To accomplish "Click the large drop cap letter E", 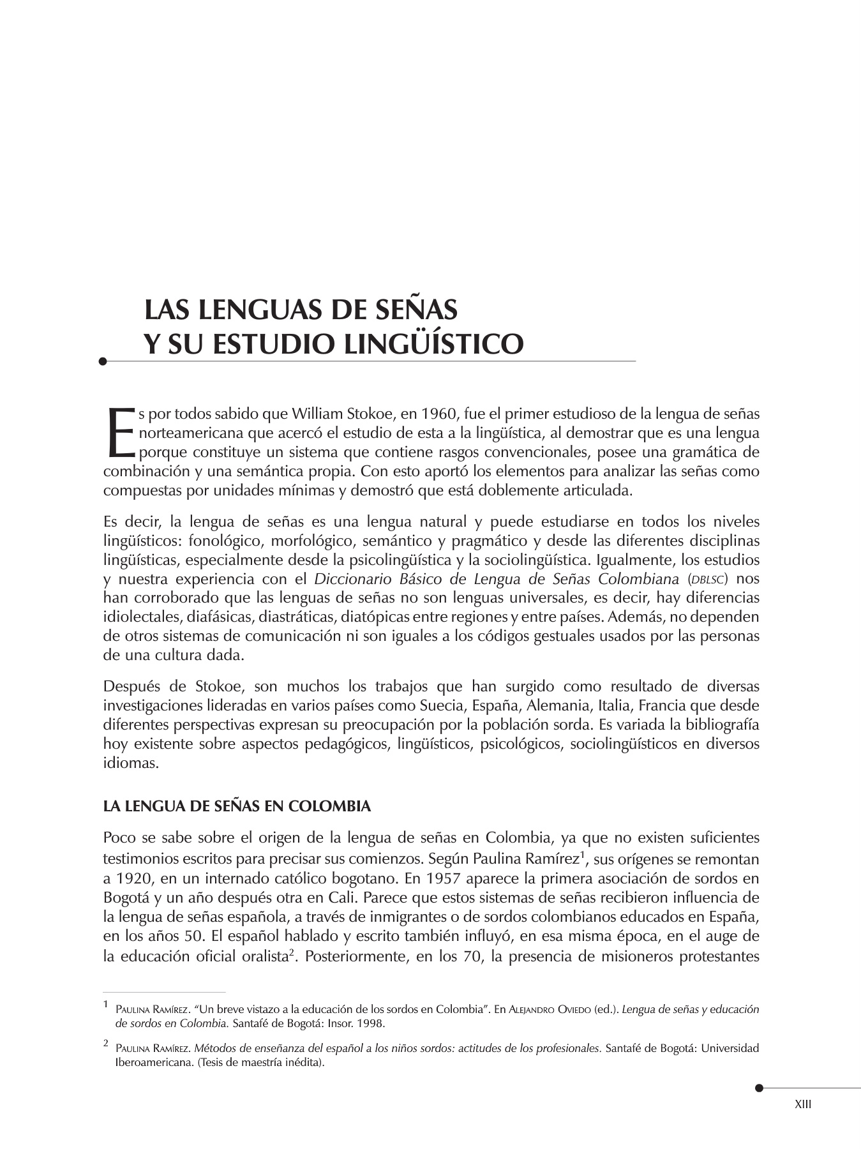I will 119,433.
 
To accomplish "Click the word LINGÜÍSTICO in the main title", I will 434,343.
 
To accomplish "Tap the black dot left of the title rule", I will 103,361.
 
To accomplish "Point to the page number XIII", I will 803,1104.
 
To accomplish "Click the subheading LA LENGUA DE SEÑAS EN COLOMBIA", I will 237,806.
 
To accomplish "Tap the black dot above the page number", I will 758,1088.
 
